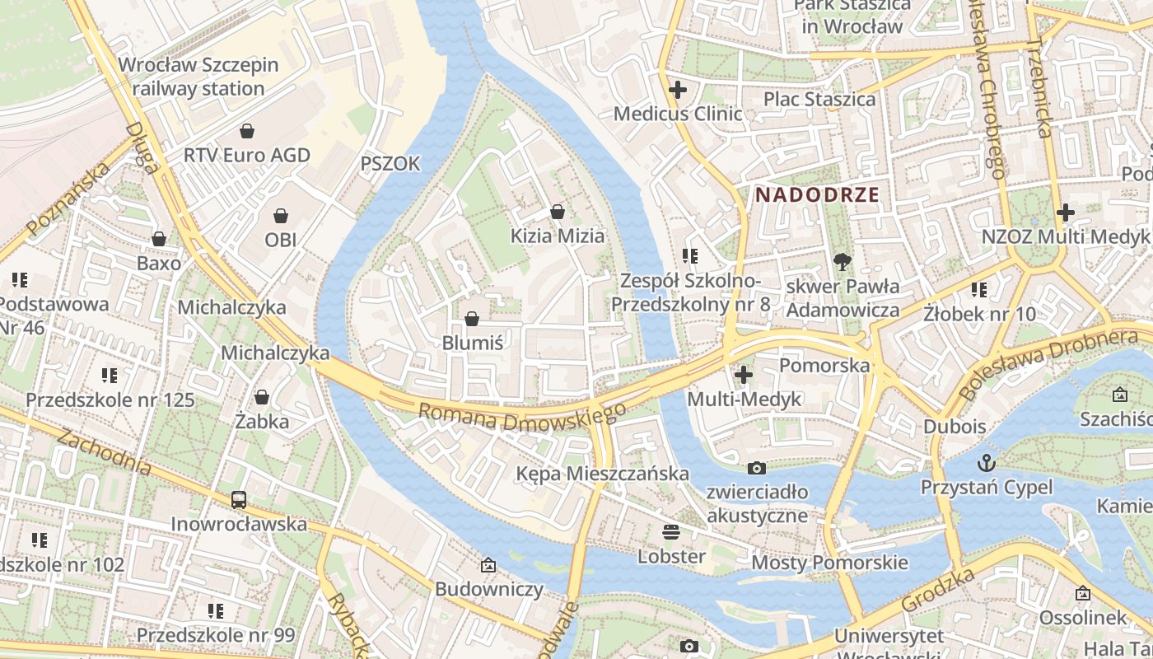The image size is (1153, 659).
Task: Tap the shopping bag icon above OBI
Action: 281,216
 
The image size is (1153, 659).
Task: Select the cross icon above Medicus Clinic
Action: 678,89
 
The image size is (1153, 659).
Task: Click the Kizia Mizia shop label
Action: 558,236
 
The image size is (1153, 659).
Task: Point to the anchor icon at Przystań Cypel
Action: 986,463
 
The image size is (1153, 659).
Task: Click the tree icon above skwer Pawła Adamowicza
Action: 842,262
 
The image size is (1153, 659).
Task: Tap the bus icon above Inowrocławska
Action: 239,499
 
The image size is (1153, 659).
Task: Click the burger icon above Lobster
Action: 671,531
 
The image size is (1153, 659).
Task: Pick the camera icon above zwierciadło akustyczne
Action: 756,468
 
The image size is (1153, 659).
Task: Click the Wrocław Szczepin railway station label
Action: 198,77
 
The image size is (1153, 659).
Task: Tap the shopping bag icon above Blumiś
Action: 472,318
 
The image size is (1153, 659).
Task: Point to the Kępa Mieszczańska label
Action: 602,474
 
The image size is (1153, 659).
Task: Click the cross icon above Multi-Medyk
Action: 744,375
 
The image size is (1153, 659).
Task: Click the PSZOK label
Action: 390,164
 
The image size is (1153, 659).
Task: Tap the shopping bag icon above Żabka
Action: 262,397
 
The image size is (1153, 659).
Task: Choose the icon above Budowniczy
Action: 488,565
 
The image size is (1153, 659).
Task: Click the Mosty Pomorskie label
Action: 829,563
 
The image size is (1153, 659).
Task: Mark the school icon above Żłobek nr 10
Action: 978,290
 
